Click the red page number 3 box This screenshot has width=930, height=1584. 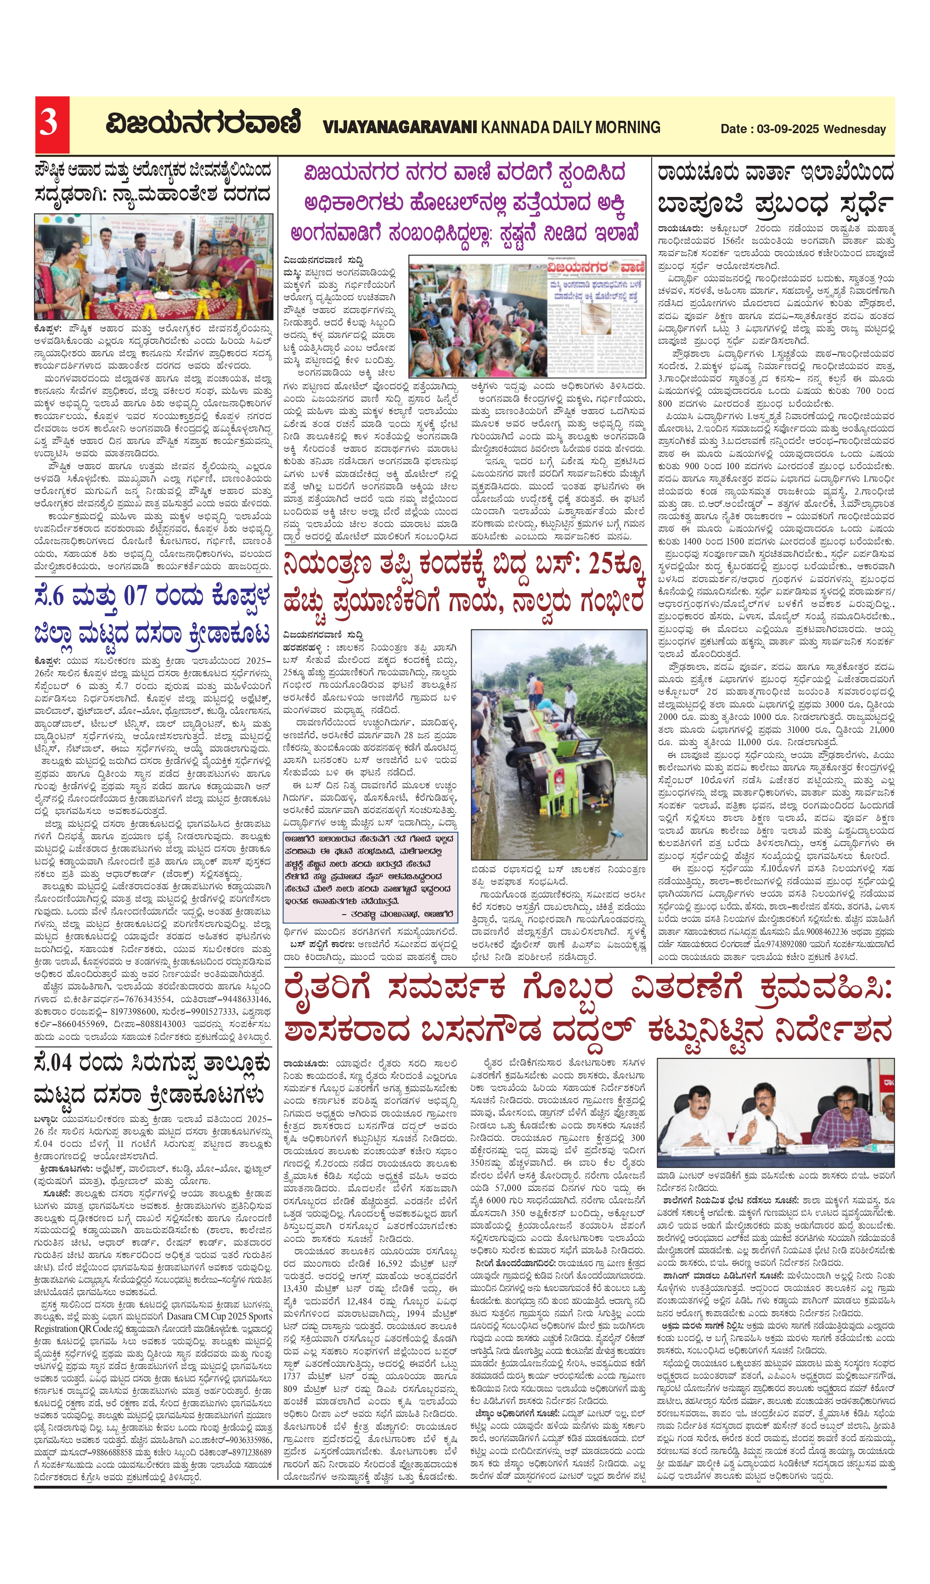point(51,125)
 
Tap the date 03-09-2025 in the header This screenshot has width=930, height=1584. point(788,129)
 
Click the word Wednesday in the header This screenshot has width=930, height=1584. point(855,129)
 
